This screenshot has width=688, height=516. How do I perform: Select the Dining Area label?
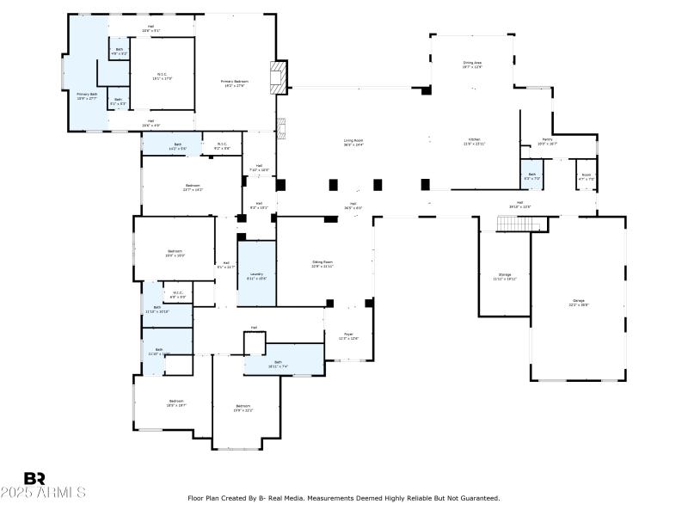click(473, 63)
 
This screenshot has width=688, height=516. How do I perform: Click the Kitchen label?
click(475, 141)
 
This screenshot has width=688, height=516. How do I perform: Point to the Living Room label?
click(353, 141)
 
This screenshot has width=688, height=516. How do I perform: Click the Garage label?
click(579, 301)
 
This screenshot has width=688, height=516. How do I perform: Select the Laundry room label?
click(256, 274)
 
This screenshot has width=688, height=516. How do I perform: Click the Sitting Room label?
click(322, 262)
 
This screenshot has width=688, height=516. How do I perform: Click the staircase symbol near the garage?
click(522, 224)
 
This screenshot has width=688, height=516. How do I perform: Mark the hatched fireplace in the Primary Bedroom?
click(278, 77)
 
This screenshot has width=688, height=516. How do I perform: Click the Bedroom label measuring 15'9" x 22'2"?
click(243, 407)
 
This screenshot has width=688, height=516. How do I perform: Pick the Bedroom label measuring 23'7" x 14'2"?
click(193, 187)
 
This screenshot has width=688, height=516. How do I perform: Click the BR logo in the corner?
click(34, 478)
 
